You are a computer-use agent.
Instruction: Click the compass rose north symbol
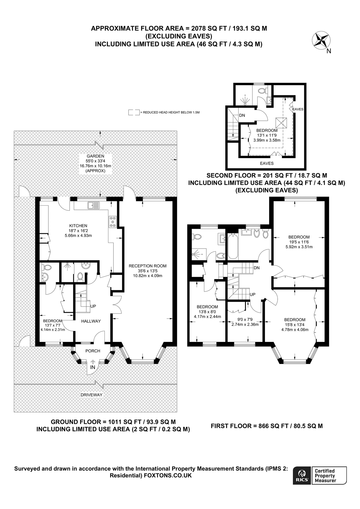[322, 40]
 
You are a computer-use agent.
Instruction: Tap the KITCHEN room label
[78, 226]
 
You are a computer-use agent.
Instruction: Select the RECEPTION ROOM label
[147, 266]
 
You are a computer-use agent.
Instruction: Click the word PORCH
[93, 351]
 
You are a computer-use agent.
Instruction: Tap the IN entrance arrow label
[93, 367]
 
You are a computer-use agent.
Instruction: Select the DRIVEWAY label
[91, 395]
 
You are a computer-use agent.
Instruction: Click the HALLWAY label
[91, 321]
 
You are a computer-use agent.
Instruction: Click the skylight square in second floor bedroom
[282, 123]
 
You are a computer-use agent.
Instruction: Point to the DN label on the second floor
[242, 115]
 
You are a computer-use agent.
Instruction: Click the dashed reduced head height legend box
[134, 112]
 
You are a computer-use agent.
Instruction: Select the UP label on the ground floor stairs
[93, 306]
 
